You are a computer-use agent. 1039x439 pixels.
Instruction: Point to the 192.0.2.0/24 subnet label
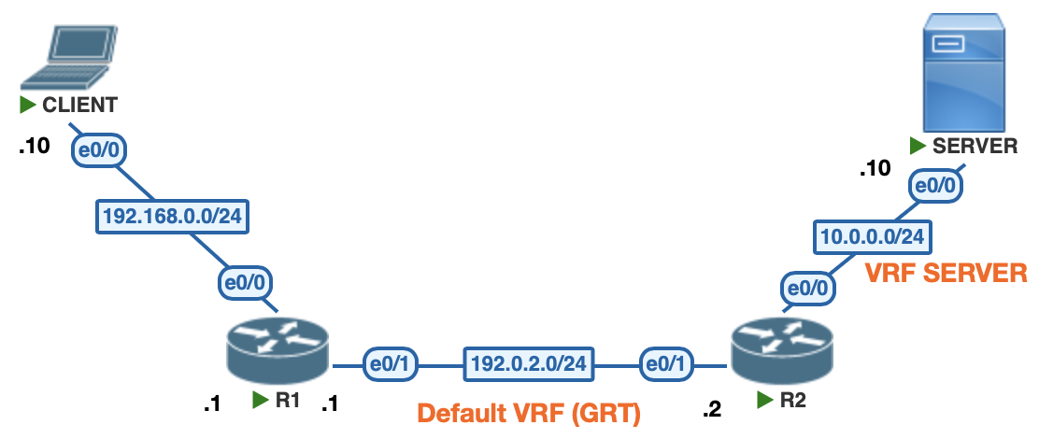click(531, 363)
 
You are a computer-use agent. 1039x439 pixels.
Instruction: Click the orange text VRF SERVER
click(946, 273)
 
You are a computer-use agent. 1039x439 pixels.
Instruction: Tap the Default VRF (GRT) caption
click(528, 413)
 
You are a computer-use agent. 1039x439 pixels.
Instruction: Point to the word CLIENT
click(79, 103)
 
